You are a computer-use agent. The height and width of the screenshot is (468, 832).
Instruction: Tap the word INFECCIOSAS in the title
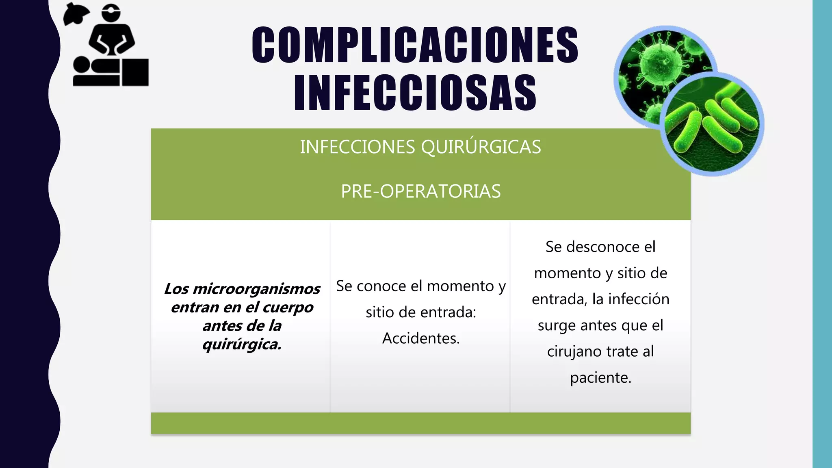pos(415,93)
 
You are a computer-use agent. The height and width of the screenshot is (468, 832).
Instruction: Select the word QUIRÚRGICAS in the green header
pos(481,147)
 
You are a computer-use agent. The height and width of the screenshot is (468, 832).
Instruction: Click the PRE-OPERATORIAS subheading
pos(420,191)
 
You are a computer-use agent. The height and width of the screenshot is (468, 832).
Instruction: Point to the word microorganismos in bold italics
pos(256,289)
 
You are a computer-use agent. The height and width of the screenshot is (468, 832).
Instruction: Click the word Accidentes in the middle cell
pos(420,338)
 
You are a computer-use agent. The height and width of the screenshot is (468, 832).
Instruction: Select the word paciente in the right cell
pos(600,378)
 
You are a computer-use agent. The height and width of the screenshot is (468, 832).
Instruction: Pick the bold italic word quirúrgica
pos(242,344)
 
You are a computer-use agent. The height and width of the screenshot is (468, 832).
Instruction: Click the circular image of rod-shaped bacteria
pos(712,124)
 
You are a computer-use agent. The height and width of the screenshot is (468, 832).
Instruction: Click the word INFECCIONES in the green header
pos(357,147)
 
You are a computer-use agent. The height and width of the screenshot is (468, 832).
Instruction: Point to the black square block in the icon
pos(135,72)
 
